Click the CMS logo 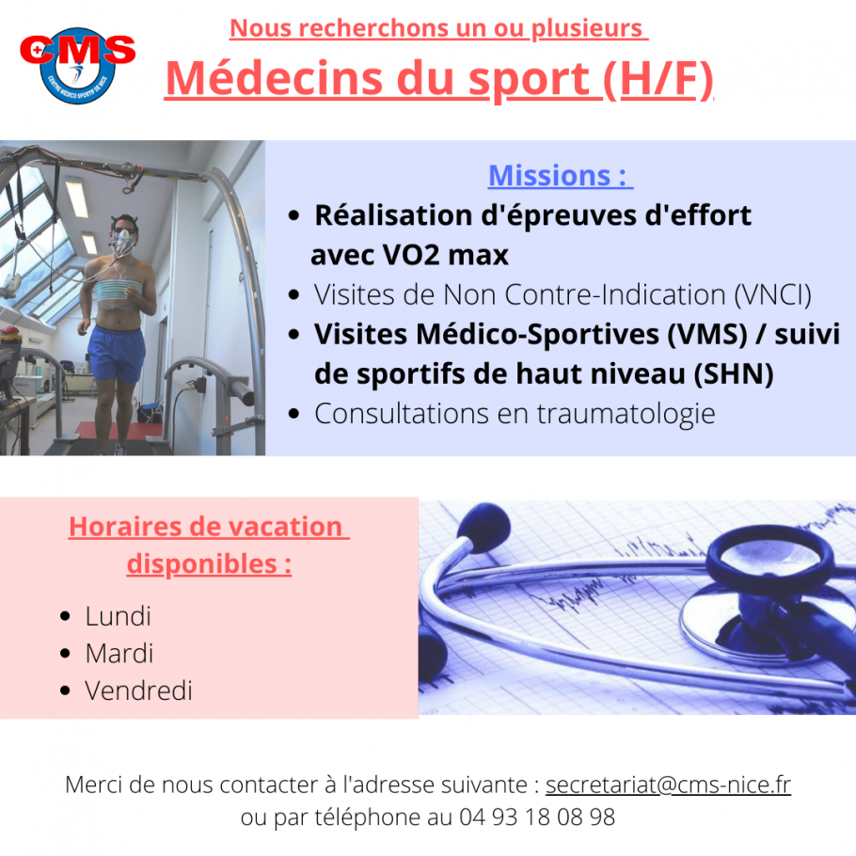coord(77,65)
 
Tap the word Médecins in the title coord(274,78)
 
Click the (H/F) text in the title coord(658,80)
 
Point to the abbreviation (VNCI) coord(772,294)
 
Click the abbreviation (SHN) coord(733,374)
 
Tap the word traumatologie coord(626,414)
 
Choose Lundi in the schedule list coord(118,616)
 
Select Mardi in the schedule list coord(119,654)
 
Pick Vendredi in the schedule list coord(138,690)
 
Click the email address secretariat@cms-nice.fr coord(668,785)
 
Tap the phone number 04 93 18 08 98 coord(537,817)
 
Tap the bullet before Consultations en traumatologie coord(293,414)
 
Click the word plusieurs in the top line coord(587,28)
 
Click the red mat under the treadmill coord(118,429)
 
